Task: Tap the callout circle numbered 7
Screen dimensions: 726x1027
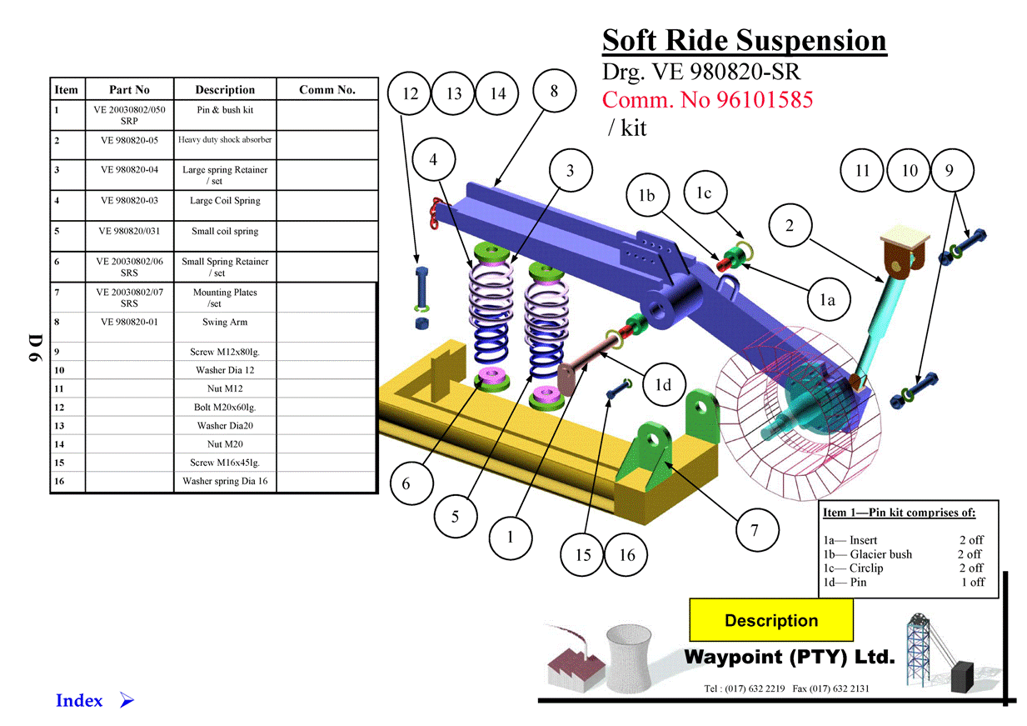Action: pyautogui.click(x=755, y=530)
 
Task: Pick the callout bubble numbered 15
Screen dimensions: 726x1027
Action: pyautogui.click(x=582, y=554)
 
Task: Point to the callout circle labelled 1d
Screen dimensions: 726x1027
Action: pyautogui.click(x=663, y=384)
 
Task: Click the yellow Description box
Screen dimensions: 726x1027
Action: pyautogui.click(x=771, y=620)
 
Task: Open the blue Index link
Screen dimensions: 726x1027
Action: pyautogui.click(x=79, y=701)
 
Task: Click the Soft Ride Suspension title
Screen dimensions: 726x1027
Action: pyautogui.click(x=744, y=41)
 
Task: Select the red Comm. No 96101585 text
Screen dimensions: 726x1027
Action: pyautogui.click(x=707, y=100)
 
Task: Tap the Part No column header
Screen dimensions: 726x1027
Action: pyautogui.click(x=129, y=90)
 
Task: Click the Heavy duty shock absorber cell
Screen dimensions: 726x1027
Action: pyautogui.click(x=225, y=140)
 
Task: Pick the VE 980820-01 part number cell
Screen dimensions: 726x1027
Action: pyautogui.click(x=129, y=323)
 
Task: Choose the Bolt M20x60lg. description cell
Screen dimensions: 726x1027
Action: pyautogui.click(x=225, y=408)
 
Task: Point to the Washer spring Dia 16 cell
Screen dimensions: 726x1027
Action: pyautogui.click(x=225, y=482)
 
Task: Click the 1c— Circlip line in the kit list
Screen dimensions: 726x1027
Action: pyautogui.click(x=854, y=568)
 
